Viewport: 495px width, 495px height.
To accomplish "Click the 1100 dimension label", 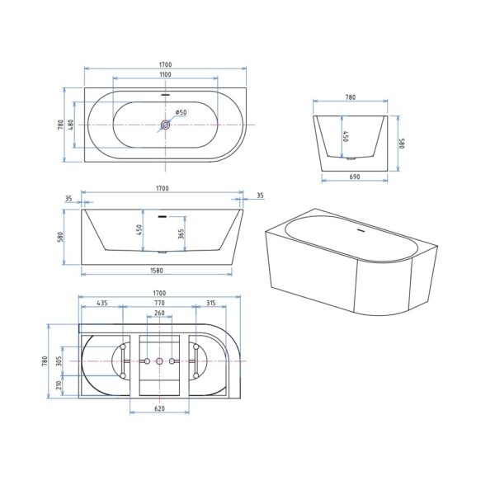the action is click(165, 74).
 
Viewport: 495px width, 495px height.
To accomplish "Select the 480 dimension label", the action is click(71, 125).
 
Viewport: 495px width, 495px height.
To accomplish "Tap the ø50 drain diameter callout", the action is click(181, 112).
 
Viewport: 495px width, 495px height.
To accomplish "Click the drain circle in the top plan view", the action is click(165, 125).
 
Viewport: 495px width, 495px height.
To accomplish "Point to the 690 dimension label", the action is click(355, 177).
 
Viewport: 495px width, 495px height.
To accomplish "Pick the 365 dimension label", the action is click(181, 233).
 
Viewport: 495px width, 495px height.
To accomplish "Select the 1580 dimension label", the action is click(157, 271).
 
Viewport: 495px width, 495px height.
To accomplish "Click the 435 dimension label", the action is click(102, 303).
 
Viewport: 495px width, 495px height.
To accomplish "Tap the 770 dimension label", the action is click(159, 303).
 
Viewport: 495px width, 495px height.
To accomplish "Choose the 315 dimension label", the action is click(211, 303).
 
